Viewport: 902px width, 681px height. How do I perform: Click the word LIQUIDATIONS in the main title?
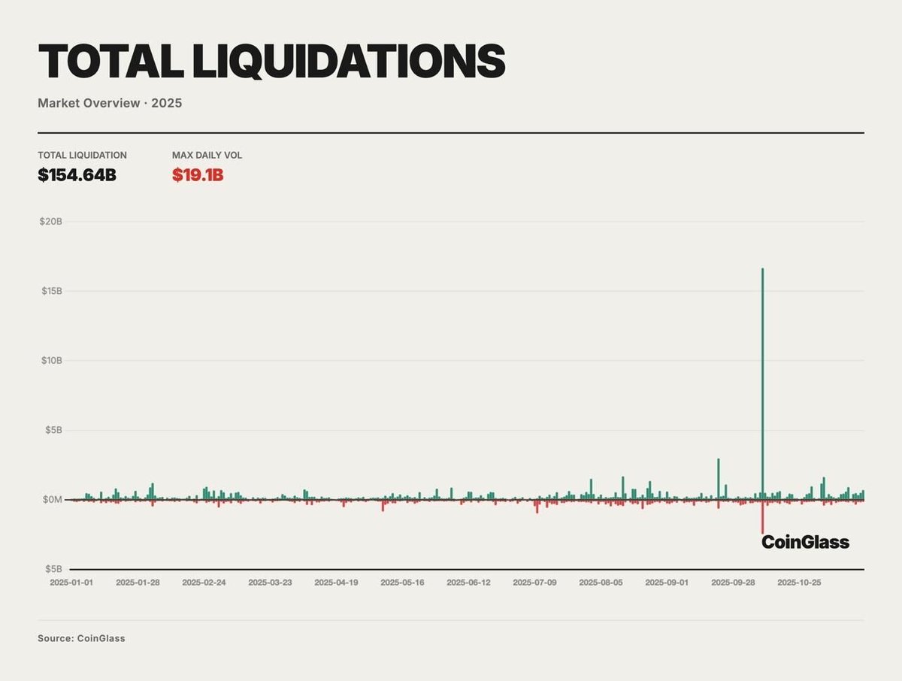pos(349,61)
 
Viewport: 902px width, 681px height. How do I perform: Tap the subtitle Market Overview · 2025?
pos(110,103)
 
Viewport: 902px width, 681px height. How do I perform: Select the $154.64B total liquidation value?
pos(77,175)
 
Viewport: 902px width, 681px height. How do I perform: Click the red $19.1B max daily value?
pos(198,175)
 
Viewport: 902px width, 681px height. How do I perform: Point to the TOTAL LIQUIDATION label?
pos(82,156)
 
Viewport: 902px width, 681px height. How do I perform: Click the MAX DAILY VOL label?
pos(207,156)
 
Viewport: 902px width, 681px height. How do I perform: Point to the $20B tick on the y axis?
pos(51,222)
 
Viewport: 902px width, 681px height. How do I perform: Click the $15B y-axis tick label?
pos(51,291)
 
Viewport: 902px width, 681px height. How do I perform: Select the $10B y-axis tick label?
pos(51,361)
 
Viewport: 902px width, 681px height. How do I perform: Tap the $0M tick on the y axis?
pos(53,500)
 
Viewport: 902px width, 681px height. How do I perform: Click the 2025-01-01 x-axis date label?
pos(71,583)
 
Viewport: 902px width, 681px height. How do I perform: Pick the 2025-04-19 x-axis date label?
pos(336,583)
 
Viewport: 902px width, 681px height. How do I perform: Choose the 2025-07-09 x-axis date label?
pos(534,583)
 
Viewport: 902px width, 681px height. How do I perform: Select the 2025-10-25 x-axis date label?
pos(799,583)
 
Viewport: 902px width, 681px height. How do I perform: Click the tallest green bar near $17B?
pos(762,376)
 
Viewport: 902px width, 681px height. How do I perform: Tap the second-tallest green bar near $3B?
pos(719,480)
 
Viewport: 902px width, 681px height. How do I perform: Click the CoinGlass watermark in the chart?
pos(805,542)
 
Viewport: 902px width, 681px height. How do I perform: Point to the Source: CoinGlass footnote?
pos(81,638)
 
